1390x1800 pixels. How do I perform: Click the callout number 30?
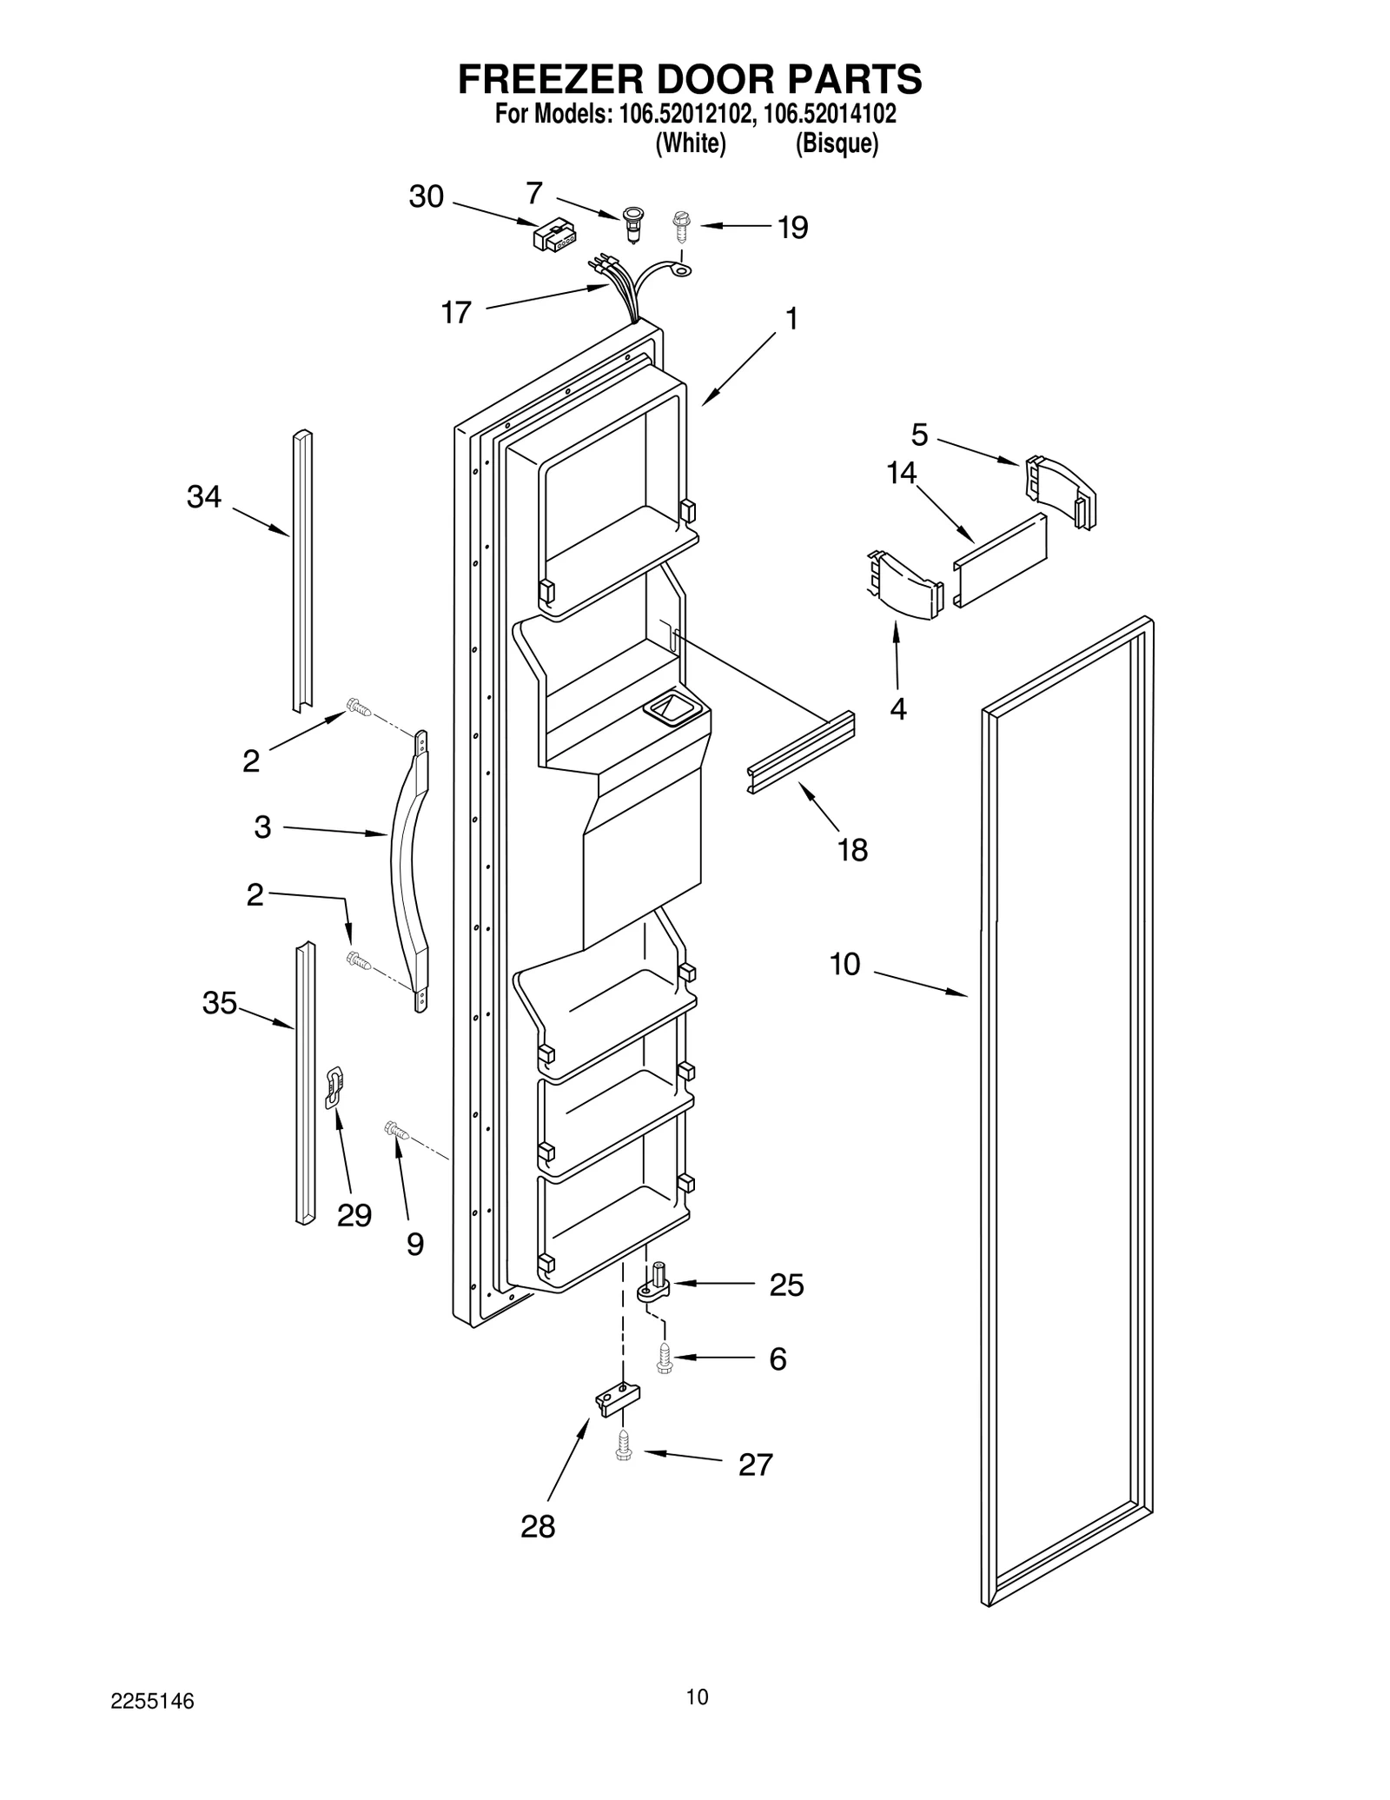click(426, 197)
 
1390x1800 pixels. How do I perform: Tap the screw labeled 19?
click(681, 225)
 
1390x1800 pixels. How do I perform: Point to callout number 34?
click(204, 497)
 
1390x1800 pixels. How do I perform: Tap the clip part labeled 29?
click(334, 1086)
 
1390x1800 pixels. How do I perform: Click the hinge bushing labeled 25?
click(656, 1288)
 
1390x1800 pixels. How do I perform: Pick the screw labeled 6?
click(665, 1358)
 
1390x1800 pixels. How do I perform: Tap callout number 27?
click(755, 1465)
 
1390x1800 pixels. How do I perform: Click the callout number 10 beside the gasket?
click(844, 964)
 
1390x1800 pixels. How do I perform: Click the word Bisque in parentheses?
click(837, 143)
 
